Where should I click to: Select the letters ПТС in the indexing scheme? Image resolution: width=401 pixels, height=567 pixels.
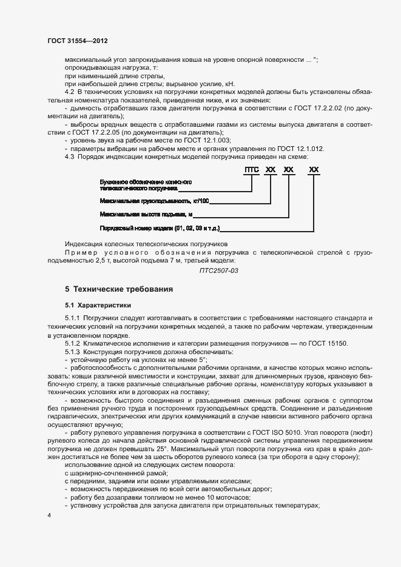(x=251, y=170)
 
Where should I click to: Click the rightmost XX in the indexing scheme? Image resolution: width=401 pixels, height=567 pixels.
(x=314, y=170)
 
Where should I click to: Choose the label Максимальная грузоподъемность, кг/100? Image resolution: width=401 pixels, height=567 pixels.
(x=153, y=200)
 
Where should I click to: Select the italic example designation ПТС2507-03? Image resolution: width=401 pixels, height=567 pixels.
(x=219, y=270)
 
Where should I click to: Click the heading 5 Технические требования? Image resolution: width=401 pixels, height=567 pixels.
(x=119, y=289)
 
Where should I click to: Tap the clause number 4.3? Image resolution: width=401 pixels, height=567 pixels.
(x=69, y=156)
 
